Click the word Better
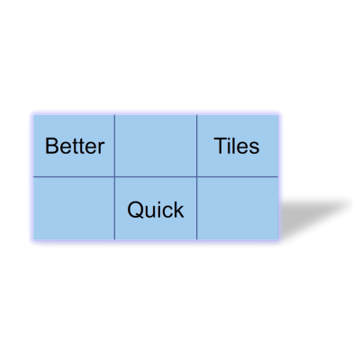click(x=75, y=146)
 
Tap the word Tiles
click(x=237, y=146)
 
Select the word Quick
click(x=155, y=210)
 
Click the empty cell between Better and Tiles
click(x=156, y=146)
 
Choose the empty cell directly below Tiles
click(x=238, y=209)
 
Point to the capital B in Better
click(x=50, y=146)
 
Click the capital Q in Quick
click(x=135, y=210)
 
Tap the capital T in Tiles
click(x=220, y=146)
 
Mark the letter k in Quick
click(x=178, y=210)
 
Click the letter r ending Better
click(x=102, y=148)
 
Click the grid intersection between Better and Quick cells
click(x=114, y=177)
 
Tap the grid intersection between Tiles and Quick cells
click(x=197, y=177)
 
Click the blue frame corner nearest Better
click(x=31, y=113)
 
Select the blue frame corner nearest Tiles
click(x=280, y=113)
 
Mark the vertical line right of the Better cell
click(x=114, y=146)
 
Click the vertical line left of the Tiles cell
click(x=197, y=146)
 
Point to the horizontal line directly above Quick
click(x=156, y=177)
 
